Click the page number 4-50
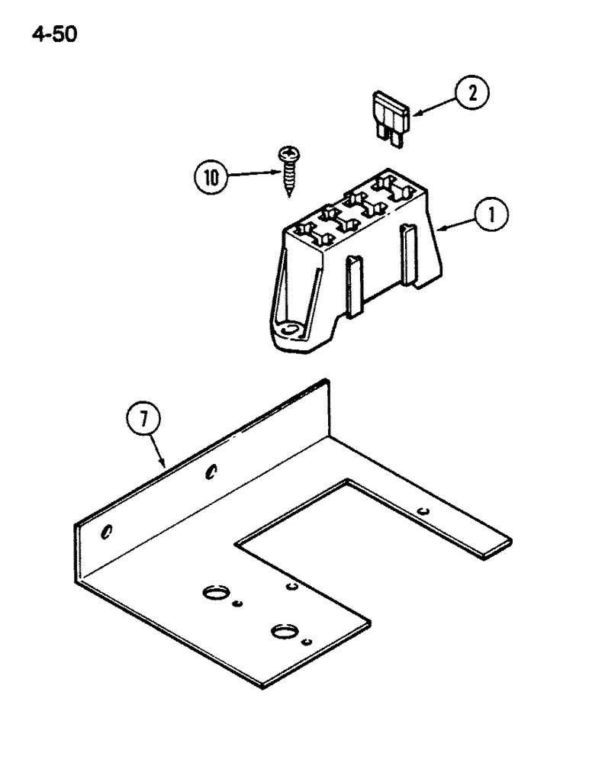pos(54,34)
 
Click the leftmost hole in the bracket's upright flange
pos(108,531)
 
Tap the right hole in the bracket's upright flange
pos(212,472)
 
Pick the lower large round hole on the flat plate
pos(283,631)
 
